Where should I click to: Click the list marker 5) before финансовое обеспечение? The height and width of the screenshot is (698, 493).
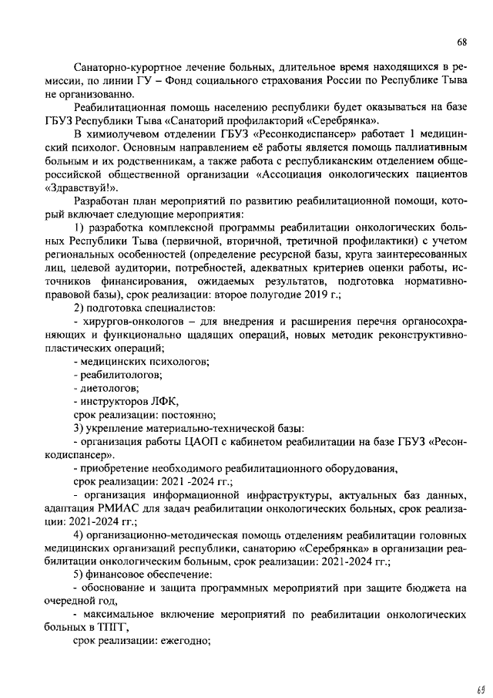click(x=79, y=574)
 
